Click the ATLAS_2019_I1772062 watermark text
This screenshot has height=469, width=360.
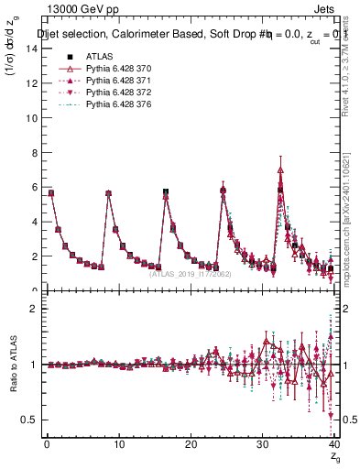pyautogui.click(x=189, y=273)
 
